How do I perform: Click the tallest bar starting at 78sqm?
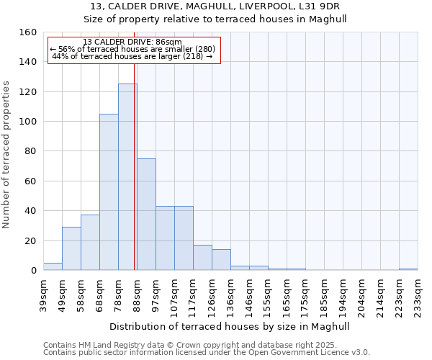(x=127, y=177)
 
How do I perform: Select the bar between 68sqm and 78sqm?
(x=109, y=192)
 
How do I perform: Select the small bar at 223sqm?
(x=408, y=269)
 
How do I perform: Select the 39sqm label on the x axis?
(x=43, y=292)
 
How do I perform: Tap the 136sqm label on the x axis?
(x=230, y=292)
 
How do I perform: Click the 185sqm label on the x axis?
(x=324, y=292)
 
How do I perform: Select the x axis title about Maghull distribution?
(x=230, y=326)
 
